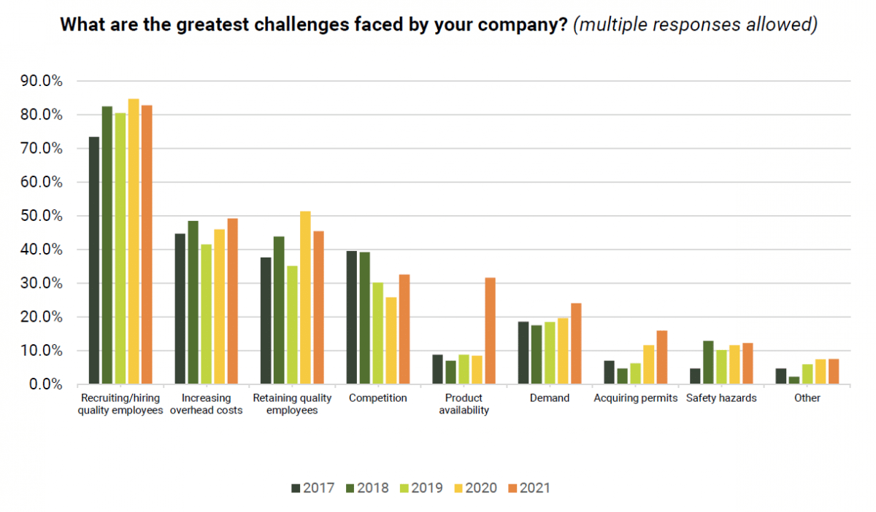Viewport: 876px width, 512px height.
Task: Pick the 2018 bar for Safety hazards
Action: pos(708,362)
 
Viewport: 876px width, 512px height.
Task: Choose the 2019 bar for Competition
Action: pos(378,333)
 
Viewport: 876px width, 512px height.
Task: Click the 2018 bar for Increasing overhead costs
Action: pos(193,303)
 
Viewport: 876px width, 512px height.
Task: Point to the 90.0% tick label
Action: pos(42,81)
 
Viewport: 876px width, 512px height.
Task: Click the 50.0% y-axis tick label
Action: pos(42,216)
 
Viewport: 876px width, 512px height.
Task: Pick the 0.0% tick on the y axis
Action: pos(45,384)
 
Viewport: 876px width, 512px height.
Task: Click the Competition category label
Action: pos(378,398)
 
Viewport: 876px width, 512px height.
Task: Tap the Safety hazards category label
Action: pos(721,398)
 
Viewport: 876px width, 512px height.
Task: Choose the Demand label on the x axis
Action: pos(550,398)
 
